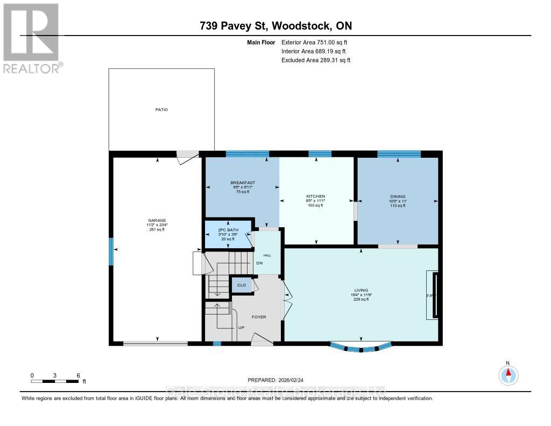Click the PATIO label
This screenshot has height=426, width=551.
(x=161, y=109)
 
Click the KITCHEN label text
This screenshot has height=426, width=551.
(x=315, y=196)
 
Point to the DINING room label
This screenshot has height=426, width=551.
(x=398, y=197)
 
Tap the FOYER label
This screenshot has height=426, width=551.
(x=259, y=317)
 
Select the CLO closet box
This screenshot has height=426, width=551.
(x=242, y=285)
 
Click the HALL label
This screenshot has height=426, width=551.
(x=266, y=255)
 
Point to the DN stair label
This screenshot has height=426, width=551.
(x=259, y=263)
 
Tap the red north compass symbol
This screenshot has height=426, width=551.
(x=507, y=374)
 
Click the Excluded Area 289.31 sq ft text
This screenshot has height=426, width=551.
(x=316, y=60)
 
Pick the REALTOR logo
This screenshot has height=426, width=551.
(x=32, y=38)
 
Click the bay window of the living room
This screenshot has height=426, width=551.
(x=360, y=348)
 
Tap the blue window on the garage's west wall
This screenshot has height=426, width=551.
(x=111, y=252)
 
